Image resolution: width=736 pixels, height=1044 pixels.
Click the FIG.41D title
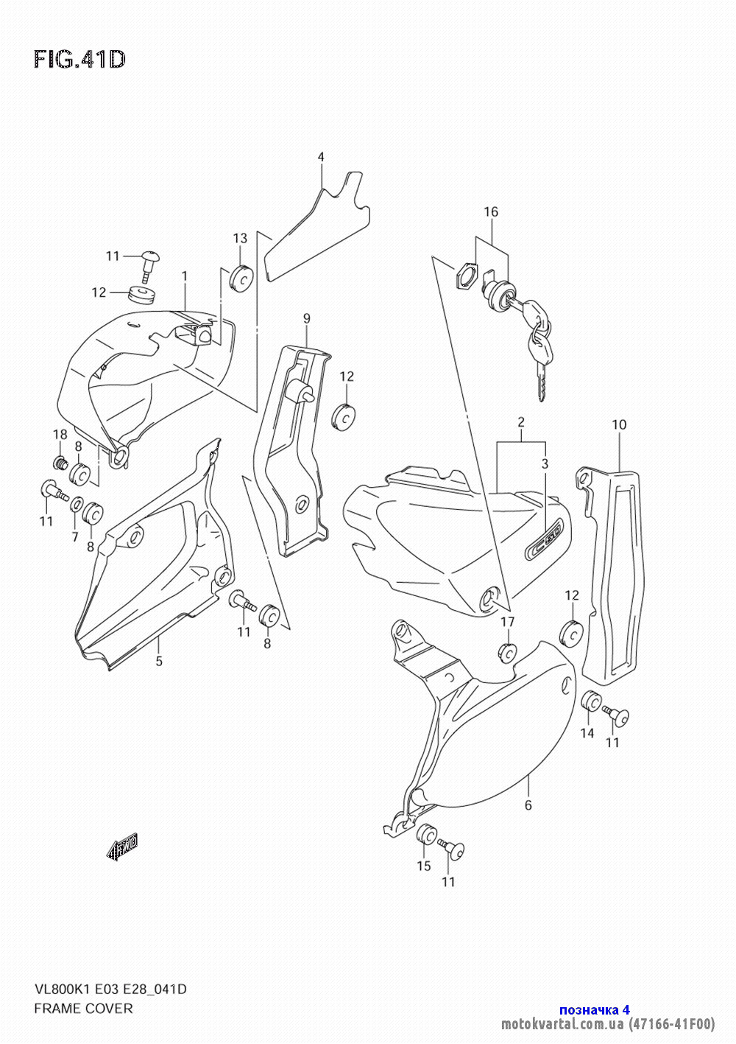click(x=79, y=60)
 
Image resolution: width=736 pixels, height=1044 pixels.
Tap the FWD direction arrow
click(x=122, y=846)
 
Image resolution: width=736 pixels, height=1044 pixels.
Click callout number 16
click(x=491, y=212)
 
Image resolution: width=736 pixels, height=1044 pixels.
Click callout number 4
click(x=321, y=157)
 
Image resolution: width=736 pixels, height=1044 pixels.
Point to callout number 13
click(x=240, y=239)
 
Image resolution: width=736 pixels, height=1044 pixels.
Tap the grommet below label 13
click(x=241, y=278)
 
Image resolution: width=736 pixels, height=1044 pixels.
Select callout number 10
click(x=619, y=424)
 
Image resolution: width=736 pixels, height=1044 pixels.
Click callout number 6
click(x=528, y=805)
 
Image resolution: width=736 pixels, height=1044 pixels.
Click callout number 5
click(x=159, y=661)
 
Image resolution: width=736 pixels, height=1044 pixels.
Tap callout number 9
click(x=306, y=319)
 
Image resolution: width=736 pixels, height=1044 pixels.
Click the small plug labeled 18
click(x=59, y=463)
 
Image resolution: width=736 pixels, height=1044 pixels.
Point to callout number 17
click(x=507, y=622)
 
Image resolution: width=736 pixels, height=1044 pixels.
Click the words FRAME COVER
click(x=83, y=1009)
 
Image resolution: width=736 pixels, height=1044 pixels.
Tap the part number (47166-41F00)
click(x=671, y=1024)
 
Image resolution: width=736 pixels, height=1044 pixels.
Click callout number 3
click(x=545, y=463)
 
